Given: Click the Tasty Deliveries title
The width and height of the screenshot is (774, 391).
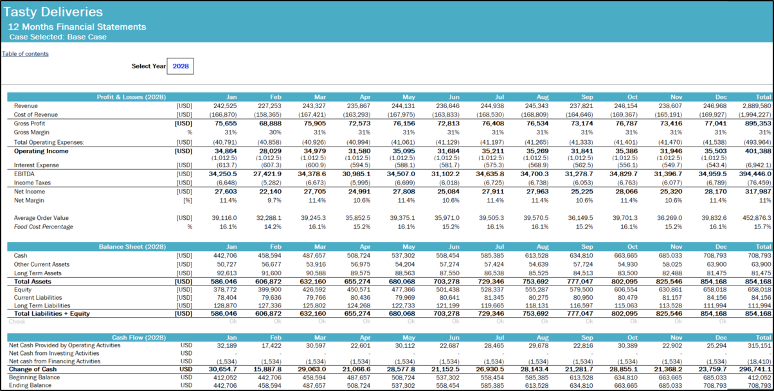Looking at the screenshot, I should [53, 12].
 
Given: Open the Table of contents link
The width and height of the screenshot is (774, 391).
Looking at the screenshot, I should [25, 54].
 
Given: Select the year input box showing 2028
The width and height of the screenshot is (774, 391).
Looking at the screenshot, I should [180, 66].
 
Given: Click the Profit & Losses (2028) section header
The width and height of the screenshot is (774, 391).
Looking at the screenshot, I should [132, 97].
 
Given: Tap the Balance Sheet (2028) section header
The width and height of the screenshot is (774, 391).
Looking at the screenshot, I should [132, 247].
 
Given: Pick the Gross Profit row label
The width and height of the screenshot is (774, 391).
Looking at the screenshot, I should [30, 123].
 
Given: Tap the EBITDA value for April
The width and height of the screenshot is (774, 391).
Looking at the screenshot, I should [357, 174].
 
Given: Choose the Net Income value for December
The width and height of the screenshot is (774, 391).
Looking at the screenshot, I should [712, 191].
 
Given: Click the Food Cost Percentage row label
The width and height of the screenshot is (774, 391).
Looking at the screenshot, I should [43, 227].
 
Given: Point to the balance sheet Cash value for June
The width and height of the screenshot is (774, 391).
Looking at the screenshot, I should [446, 255].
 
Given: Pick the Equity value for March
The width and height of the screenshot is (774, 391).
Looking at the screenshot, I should [312, 289].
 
